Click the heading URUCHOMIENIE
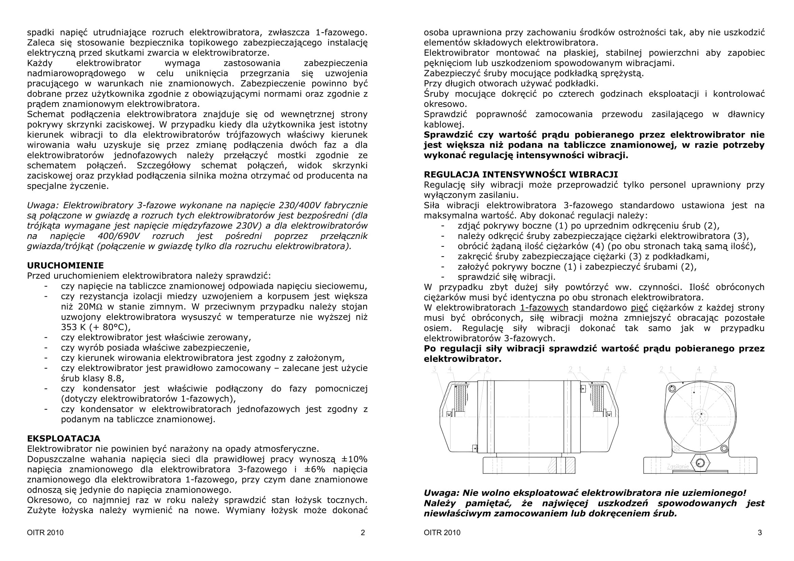[66, 265]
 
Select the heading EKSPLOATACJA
[63, 438]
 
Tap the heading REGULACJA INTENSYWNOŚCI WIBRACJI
[521, 174]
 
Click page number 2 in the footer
[363, 532]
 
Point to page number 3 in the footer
[760, 532]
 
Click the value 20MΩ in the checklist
[92, 307]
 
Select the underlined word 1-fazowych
[544, 307]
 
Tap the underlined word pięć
[640, 307]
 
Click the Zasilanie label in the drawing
[678, 467]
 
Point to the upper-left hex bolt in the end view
[672, 389]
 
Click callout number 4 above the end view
[699, 370]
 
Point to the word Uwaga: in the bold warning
[441, 493]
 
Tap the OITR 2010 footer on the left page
[45, 532]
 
